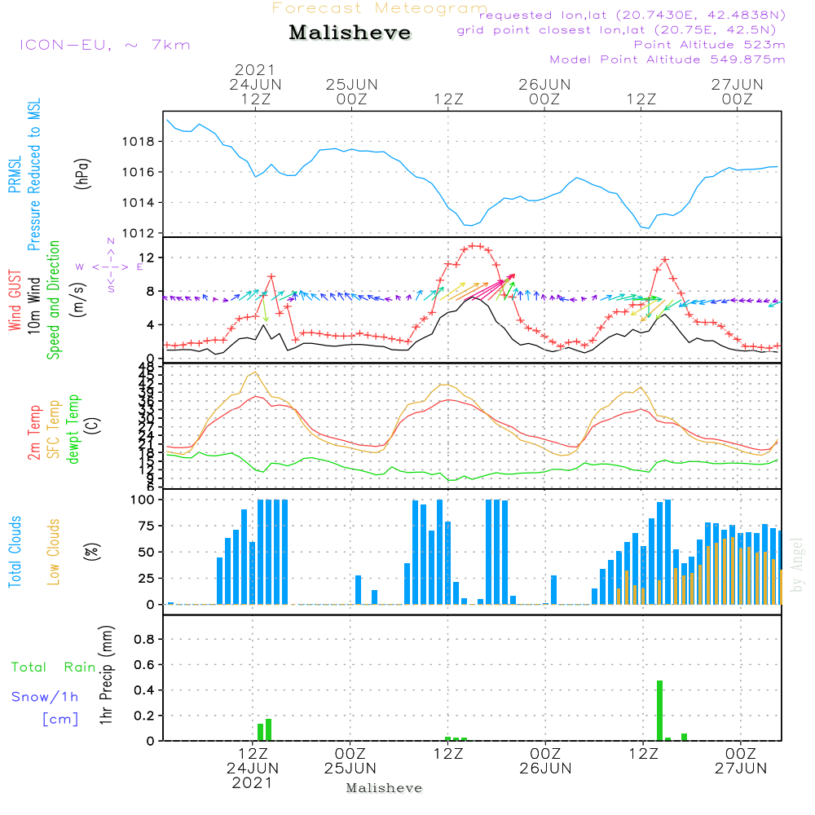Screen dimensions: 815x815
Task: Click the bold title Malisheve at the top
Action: (x=350, y=33)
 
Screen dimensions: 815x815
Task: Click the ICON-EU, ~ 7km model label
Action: (x=104, y=45)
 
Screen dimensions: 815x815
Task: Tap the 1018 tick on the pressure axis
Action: (x=143, y=141)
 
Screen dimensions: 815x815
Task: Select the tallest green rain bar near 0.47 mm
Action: (x=659, y=710)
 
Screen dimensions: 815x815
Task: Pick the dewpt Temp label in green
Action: (x=73, y=430)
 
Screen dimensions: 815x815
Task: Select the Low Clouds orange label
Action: (x=54, y=551)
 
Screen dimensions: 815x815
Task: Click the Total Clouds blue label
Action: (x=15, y=552)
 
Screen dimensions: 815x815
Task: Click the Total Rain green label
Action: (x=54, y=667)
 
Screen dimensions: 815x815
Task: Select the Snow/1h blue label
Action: (x=46, y=698)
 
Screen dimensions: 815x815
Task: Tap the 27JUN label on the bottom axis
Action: (x=740, y=768)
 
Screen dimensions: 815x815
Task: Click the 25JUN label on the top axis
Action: (x=352, y=85)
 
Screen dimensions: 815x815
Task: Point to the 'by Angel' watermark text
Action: (x=797, y=565)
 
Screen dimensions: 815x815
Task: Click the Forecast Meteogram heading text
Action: (x=380, y=8)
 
